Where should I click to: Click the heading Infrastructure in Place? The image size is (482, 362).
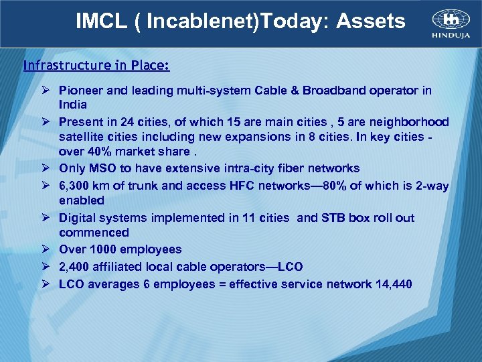96,66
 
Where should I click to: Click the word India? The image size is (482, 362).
72,105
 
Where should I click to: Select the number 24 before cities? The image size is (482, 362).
129,122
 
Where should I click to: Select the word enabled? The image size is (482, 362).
82,200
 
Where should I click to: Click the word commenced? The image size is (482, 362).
94,233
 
